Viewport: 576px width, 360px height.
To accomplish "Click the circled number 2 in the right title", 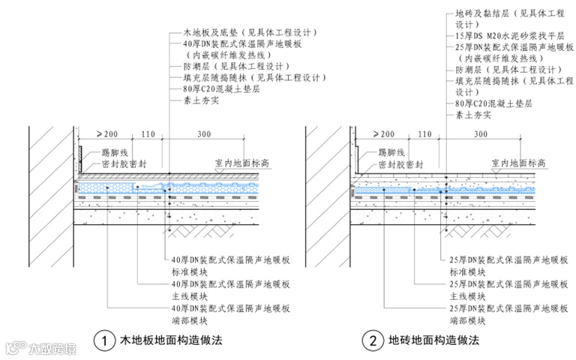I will pyautogui.click(x=371, y=340).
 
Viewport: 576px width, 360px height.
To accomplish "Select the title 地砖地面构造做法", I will pyautogui.click(x=433, y=340).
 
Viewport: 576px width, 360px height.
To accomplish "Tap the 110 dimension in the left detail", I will pyautogui.click(x=146, y=133).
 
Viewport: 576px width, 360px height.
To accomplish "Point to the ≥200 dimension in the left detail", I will pyautogui.click(x=107, y=133).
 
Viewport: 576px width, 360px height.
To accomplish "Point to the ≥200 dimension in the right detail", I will pyautogui.click(x=382, y=133).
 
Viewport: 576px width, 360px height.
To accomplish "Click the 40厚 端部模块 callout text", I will pyautogui.click(x=230, y=313).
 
